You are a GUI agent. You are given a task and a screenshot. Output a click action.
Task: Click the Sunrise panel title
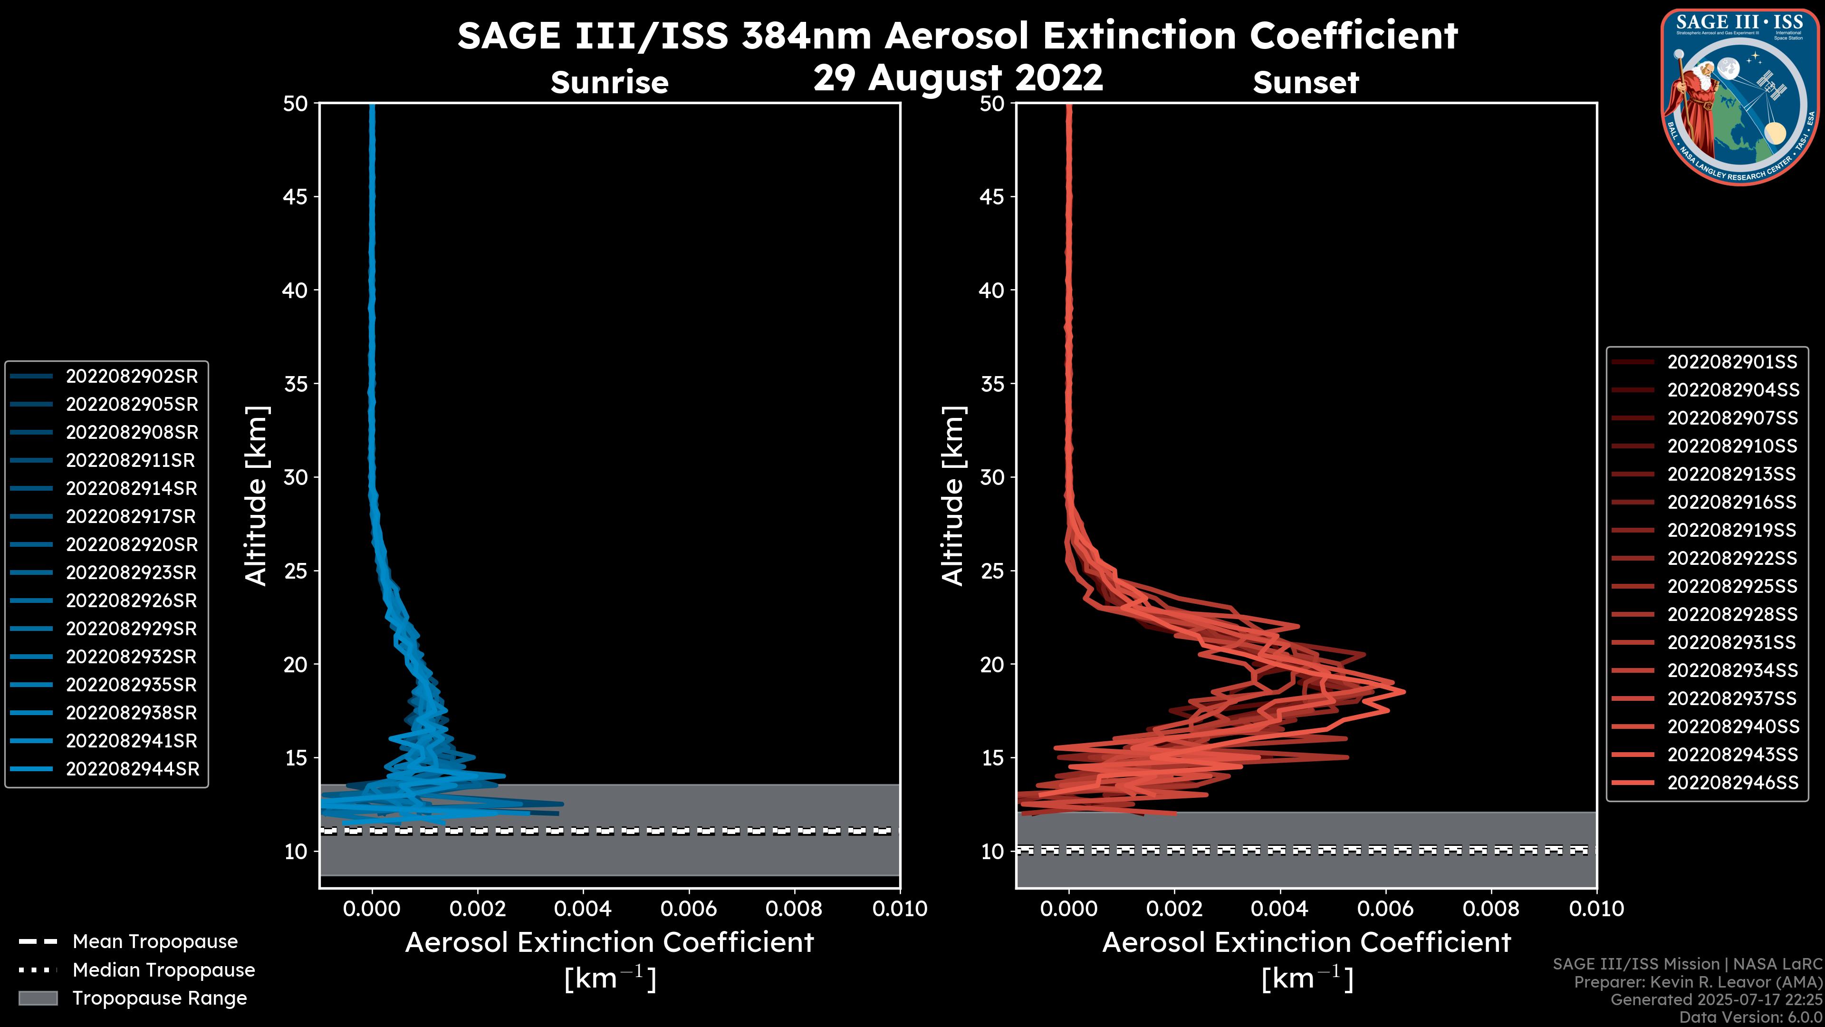coord(609,82)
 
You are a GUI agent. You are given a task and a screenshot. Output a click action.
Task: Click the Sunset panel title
coord(1306,82)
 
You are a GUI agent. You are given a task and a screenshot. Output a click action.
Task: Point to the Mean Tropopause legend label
coord(155,941)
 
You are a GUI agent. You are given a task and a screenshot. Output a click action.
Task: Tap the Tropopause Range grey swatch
coord(38,998)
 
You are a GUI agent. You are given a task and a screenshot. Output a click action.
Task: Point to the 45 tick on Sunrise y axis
coord(296,197)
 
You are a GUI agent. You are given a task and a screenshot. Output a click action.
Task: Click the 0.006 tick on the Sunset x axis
coord(1386,909)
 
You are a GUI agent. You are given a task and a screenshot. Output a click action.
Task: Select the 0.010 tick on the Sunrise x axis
coord(899,909)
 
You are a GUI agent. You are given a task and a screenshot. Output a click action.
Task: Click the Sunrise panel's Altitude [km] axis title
coord(256,495)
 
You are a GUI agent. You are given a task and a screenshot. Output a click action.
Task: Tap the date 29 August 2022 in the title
coord(958,77)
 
